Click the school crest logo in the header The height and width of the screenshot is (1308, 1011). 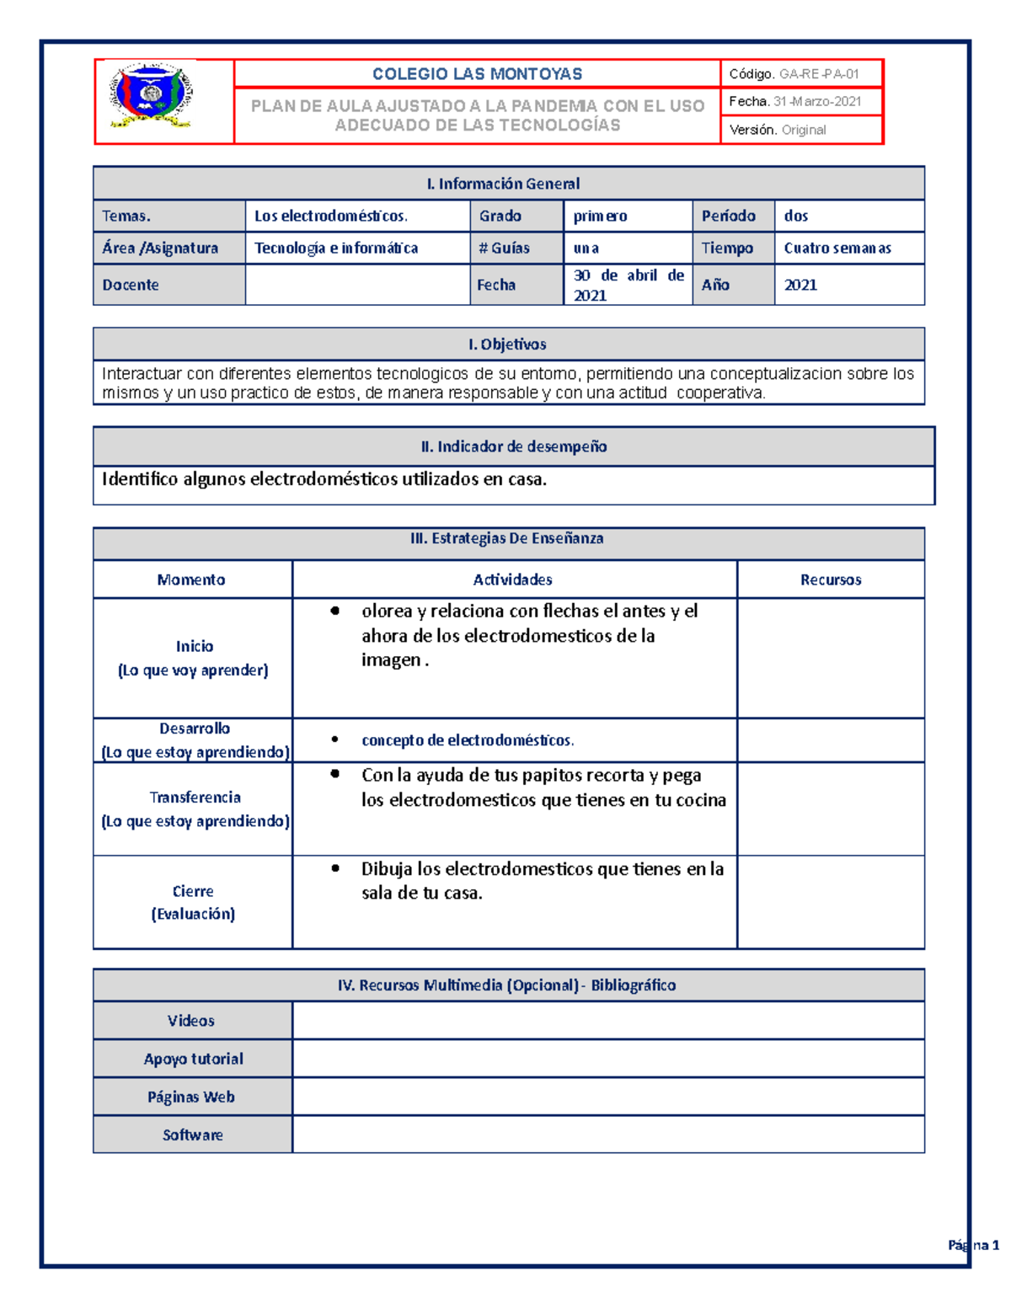(x=152, y=94)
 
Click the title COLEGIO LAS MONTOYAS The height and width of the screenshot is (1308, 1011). (x=477, y=74)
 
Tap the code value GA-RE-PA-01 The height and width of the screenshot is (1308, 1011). (x=818, y=74)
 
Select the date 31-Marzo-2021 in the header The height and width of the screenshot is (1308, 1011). (x=817, y=102)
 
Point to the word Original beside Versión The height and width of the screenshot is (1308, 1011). (x=804, y=130)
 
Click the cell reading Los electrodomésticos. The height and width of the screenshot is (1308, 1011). (x=331, y=216)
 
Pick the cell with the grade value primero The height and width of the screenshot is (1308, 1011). (x=600, y=216)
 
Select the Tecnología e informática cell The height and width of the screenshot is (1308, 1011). (x=336, y=248)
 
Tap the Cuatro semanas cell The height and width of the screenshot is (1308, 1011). (x=837, y=248)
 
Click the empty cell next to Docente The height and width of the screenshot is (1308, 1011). (x=357, y=285)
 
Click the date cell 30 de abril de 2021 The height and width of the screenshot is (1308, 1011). (x=628, y=285)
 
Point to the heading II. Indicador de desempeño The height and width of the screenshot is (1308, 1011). (x=514, y=446)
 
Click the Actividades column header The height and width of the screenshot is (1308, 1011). (x=513, y=579)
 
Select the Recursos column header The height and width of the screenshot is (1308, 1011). (x=831, y=579)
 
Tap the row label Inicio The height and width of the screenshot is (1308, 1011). (x=195, y=646)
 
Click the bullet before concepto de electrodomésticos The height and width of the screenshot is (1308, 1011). (x=335, y=739)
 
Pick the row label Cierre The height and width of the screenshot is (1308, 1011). (x=193, y=891)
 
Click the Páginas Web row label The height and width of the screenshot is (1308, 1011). (x=191, y=1097)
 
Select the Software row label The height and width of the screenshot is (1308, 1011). (x=193, y=1134)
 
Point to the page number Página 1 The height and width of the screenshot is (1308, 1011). (x=973, y=1245)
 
